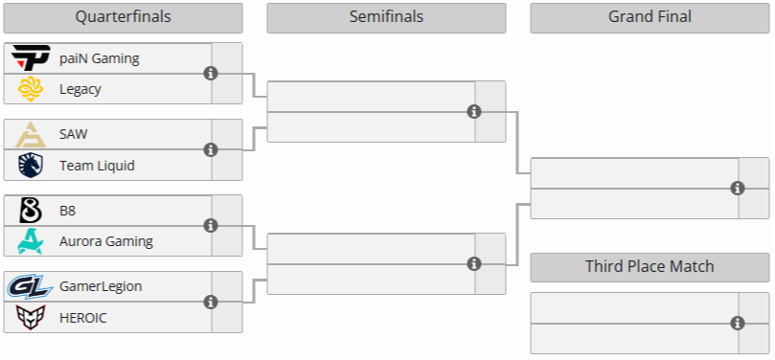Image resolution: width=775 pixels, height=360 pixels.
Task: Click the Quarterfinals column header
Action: tap(123, 17)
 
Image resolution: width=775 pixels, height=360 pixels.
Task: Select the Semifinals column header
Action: tap(386, 17)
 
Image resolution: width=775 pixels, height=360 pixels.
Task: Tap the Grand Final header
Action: tap(650, 17)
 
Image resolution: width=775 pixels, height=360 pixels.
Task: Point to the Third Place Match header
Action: tap(650, 267)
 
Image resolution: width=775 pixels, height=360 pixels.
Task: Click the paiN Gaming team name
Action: tap(100, 58)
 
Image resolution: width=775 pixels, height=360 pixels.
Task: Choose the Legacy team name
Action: tap(80, 89)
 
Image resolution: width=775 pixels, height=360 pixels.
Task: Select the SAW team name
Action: tap(74, 134)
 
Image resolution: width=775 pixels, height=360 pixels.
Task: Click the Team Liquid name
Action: tap(97, 166)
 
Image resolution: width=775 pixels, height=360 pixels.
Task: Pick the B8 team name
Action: tap(68, 211)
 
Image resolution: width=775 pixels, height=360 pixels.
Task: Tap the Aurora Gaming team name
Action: tap(105, 241)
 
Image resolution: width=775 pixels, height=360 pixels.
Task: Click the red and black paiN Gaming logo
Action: tap(30, 58)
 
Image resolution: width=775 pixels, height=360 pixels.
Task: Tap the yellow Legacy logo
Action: tap(30, 89)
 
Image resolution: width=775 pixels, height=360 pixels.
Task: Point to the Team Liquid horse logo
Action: tap(30, 166)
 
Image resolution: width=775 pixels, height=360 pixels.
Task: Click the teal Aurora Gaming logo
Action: tap(30, 241)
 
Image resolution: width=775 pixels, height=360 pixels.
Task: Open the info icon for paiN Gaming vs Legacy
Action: tap(211, 74)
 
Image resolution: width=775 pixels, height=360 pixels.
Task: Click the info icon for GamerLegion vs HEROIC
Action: tap(211, 302)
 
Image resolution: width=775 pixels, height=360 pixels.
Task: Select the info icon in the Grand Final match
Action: tap(738, 189)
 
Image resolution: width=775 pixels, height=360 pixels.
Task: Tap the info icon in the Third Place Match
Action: tap(738, 324)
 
